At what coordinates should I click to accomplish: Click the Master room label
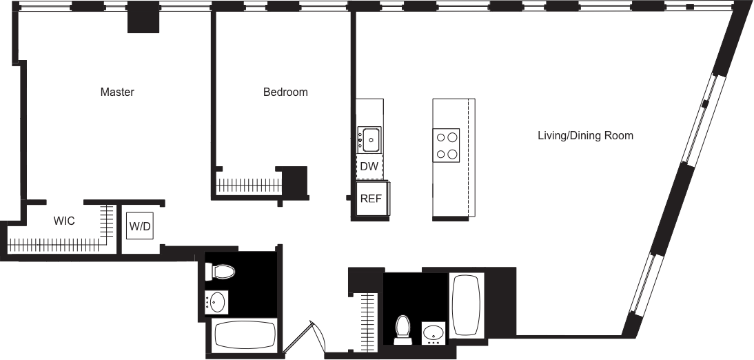pyautogui.click(x=116, y=92)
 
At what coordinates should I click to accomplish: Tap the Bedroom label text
pyautogui.click(x=285, y=92)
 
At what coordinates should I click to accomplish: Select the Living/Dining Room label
pyautogui.click(x=585, y=136)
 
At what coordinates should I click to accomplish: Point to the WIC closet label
pyautogui.click(x=64, y=221)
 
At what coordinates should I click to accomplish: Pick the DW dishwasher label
pyautogui.click(x=369, y=166)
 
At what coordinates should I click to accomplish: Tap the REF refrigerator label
pyautogui.click(x=371, y=199)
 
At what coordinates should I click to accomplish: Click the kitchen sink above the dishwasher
pyautogui.click(x=369, y=141)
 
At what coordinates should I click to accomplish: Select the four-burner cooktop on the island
pyautogui.click(x=446, y=145)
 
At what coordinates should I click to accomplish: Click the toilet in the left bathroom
pyautogui.click(x=221, y=272)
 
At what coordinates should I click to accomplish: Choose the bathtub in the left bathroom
pyautogui.click(x=244, y=336)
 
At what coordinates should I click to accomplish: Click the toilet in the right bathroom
pyautogui.click(x=402, y=329)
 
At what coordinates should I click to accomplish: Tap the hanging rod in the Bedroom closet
pyautogui.click(x=248, y=185)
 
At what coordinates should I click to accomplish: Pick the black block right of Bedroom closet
pyautogui.click(x=295, y=181)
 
